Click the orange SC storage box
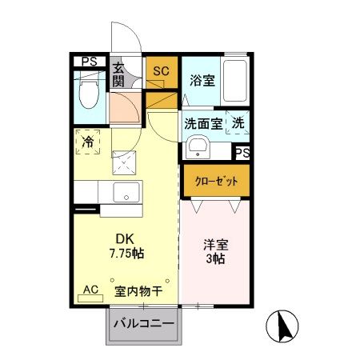160,71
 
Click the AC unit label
90,290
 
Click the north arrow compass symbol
285,324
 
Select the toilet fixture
89,94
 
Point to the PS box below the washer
241,152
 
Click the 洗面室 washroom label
204,123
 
